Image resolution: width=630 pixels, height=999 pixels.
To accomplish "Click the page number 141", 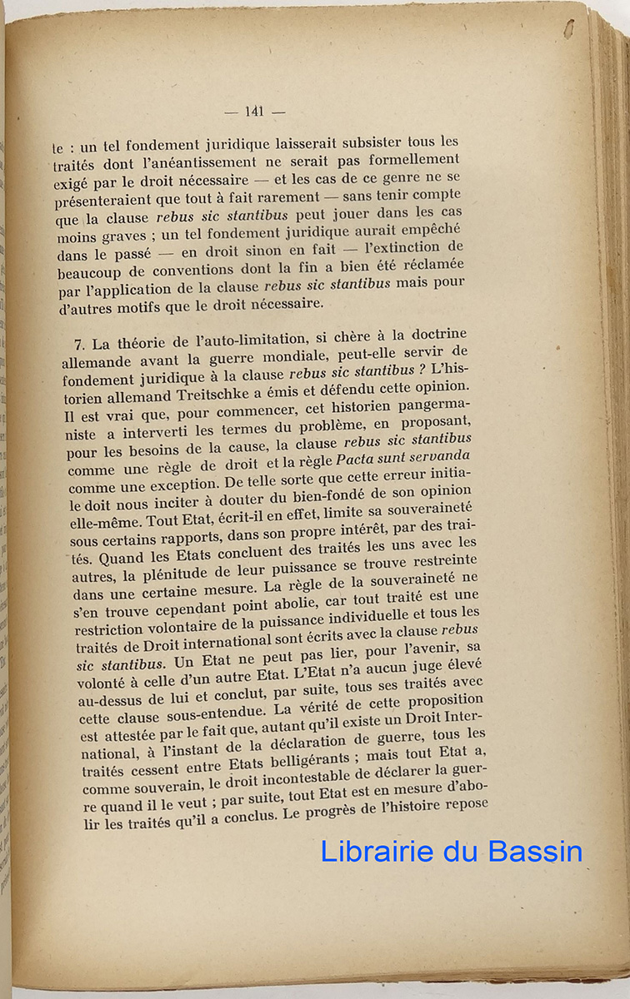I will pos(255,112).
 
